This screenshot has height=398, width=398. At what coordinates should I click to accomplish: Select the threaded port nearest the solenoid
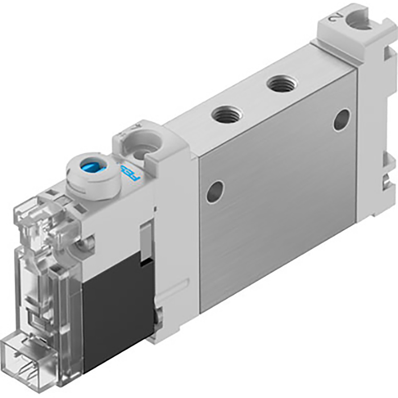(226, 114)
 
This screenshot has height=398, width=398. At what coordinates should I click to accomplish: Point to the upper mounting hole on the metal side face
(341, 119)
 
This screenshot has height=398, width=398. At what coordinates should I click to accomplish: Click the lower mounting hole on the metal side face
(214, 192)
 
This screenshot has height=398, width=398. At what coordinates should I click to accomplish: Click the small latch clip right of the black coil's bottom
(160, 313)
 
